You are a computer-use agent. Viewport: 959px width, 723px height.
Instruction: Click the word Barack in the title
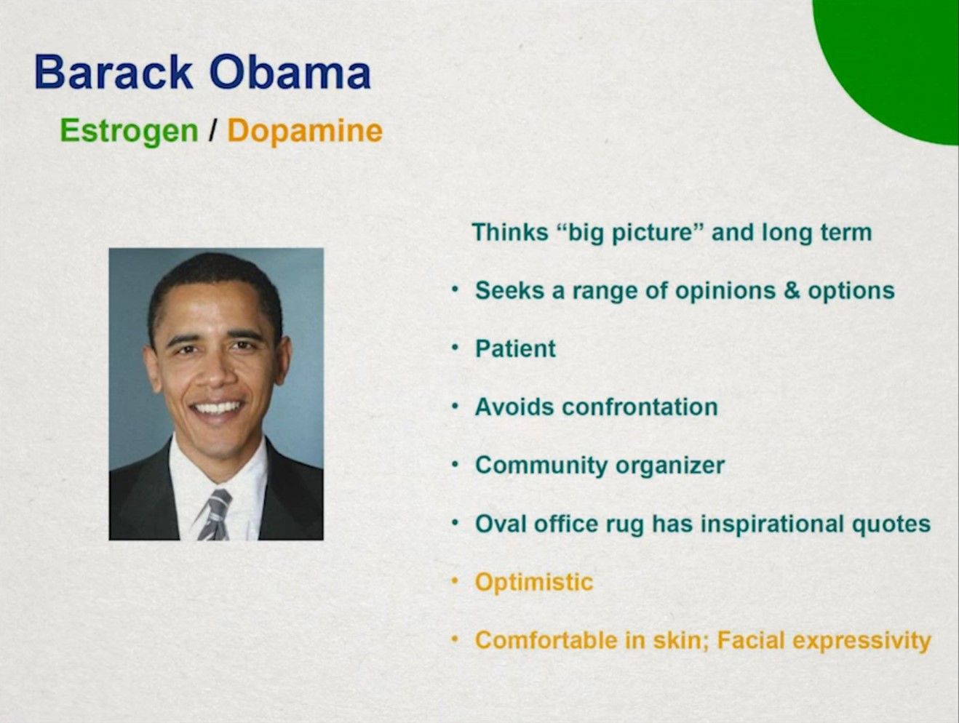pyautogui.click(x=114, y=72)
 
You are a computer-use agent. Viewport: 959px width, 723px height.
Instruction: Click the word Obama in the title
pyautogui.click(x=290, y=72)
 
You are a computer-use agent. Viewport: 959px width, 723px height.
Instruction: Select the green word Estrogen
pyautogui.click(x=129, y=132)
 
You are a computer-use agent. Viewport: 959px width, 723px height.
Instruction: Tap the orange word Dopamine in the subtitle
pyautogui.click(x=305, y=132)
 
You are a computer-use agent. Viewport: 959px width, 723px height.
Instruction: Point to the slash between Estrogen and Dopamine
pyautogui.click(x=212, y=130)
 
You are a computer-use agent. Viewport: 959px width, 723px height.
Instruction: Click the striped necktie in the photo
pyautogui.click(x=215, y=515)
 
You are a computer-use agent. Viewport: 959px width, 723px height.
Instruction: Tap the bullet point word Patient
pyautogui.click(x=516, y=349)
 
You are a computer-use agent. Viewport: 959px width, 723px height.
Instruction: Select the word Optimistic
pyautogui.click(x=534, y=582)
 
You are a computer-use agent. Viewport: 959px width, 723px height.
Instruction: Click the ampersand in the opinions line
pyautogui.click(x=791, y=291)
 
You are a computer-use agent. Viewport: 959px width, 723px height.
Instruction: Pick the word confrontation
pyautogui.click(x=640, y=407)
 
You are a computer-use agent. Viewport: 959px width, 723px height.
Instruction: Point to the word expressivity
pyautogui.click(x=861, y=642)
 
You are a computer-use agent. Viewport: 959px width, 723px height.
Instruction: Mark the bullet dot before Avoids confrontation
pyautogui.click(x=455, y=407)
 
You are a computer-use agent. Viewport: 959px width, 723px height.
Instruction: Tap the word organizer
pyautogui.click(x=669, y=466)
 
